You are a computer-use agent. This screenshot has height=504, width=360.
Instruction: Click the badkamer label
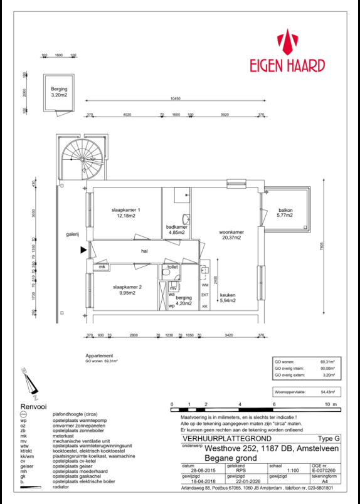tap(176, 229)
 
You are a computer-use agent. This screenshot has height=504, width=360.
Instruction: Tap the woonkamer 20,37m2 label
tap(231, 235)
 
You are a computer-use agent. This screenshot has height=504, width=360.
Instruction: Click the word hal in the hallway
tap(144, 250)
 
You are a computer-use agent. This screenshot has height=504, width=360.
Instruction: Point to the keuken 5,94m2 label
tap(228, 297)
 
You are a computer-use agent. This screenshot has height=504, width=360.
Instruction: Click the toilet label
tap(172, 266)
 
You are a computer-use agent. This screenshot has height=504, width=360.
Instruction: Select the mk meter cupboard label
tap(101, 267)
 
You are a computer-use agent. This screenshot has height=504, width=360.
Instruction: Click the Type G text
tap(328, 438)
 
